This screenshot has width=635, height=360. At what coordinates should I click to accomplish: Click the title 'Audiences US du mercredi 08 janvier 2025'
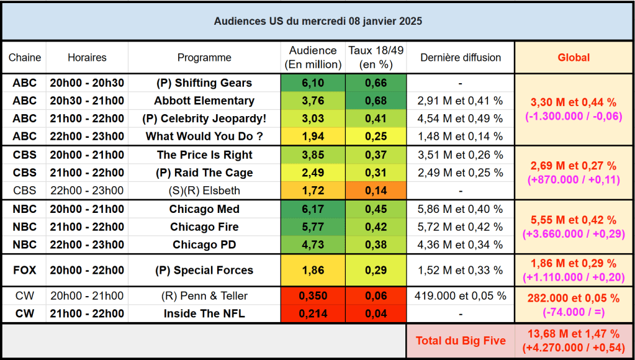click(318, 21)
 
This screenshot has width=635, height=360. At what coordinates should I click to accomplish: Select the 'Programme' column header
click(204, 58)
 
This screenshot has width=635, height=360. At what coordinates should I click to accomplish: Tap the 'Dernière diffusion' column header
click(461, 58)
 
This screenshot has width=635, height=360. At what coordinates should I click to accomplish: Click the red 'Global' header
click(574, 58)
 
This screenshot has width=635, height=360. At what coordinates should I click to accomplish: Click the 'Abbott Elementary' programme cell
click(204, 101)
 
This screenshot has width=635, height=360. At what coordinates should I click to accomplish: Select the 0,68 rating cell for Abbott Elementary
click(376, 101)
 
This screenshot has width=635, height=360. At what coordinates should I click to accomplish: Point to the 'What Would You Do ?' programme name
click(204, 137)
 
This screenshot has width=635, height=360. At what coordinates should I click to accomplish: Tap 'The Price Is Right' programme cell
click(204, 155)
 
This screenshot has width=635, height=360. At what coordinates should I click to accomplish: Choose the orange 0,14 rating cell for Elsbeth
click(376, 191)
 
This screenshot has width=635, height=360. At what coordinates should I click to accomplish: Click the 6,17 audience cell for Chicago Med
click(313, 209)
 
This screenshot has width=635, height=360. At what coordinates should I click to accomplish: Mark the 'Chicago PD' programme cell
click(204, 245)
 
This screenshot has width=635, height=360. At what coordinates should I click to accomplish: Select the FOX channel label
click(25, 270)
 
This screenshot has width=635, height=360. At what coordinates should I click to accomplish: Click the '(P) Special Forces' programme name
click(204, 270)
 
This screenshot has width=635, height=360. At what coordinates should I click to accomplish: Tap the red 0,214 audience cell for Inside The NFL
click(313, 313)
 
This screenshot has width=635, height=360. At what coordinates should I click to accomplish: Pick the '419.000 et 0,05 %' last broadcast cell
click(461, 295)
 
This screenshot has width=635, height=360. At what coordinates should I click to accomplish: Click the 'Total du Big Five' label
click(461, 340)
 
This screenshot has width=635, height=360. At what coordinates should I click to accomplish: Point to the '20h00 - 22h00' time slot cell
click(87, 270)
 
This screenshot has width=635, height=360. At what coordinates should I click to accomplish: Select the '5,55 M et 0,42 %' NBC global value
click(574, 220)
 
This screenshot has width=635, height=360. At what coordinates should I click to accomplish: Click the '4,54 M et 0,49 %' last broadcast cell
click(461, 119)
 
